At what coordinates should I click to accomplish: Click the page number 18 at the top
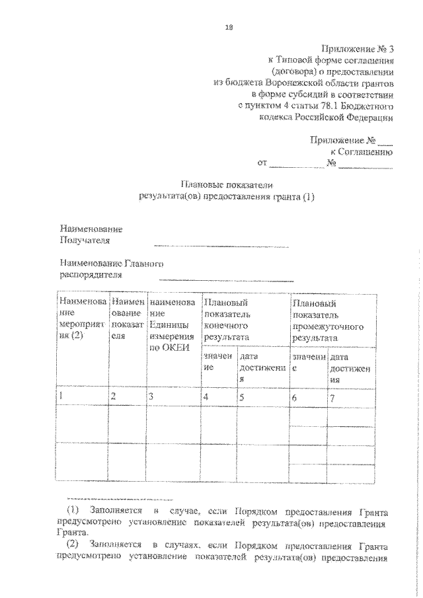click(x=229, y=27)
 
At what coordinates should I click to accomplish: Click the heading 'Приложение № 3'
click(x=357, y=48)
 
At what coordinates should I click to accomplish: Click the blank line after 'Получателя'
click(x=221, y=246)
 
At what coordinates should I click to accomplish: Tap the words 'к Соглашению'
click(x=366, y=151)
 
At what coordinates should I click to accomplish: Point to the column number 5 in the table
click(x=242, y=397)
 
